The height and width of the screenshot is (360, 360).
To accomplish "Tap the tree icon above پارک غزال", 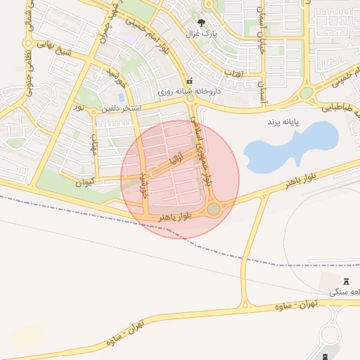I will tap(209, 22).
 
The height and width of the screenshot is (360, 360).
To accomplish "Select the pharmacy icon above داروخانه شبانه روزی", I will tap(189, 82).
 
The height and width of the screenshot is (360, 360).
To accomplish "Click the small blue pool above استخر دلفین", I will tap(121, 97).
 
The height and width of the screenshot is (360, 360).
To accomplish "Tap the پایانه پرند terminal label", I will tap(281, 122).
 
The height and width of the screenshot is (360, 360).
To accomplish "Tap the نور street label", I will tap(79, 108).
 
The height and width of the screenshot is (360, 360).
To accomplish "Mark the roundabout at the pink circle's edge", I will tap(214, 209).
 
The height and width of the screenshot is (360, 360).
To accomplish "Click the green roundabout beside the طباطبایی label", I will tap(306, 93).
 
